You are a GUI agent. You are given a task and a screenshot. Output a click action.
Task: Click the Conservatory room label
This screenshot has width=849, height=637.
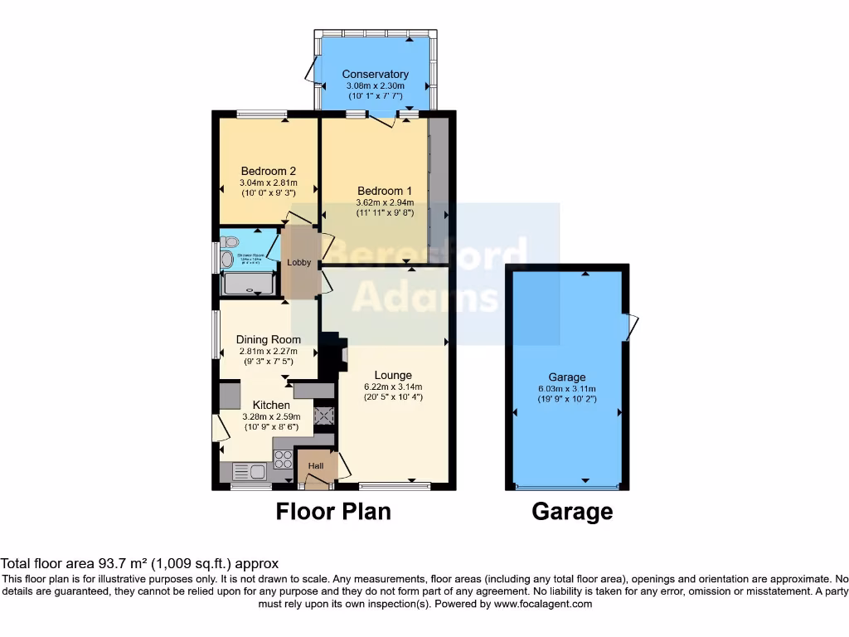[x=375, y=74]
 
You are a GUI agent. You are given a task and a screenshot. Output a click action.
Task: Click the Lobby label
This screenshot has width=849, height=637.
[x=298, y=263]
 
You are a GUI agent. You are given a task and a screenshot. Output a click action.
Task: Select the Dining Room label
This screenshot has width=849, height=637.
[x=268, y=339]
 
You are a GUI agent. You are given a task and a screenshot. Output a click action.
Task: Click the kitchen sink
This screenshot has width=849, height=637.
[x=250, y=473]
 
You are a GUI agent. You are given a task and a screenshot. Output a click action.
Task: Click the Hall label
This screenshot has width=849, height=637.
[x=316, y=467]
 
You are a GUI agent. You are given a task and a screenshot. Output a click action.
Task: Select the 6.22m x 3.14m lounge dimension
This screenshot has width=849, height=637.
[x=393, y=387]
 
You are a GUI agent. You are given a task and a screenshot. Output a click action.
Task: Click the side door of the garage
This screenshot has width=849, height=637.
[x=632, y=327]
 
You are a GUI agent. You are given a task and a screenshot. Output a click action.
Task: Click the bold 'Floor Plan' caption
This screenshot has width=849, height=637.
[x=332, y=512]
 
